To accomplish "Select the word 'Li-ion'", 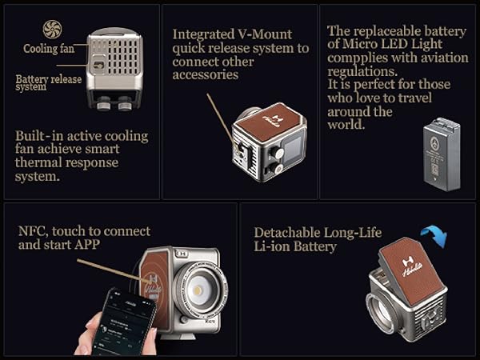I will click(x=272, y=246).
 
